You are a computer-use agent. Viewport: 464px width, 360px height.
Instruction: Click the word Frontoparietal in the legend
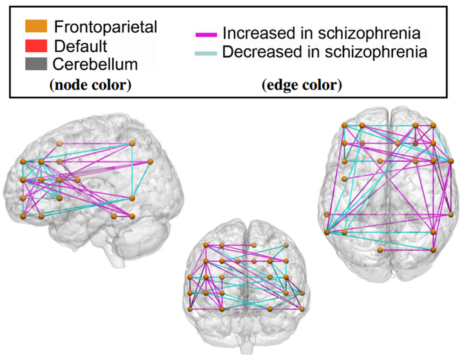tap(106, 27)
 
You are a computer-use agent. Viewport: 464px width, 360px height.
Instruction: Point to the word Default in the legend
tap(81, 46)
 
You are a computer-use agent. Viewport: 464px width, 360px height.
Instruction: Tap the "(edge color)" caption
tap(302, 84)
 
